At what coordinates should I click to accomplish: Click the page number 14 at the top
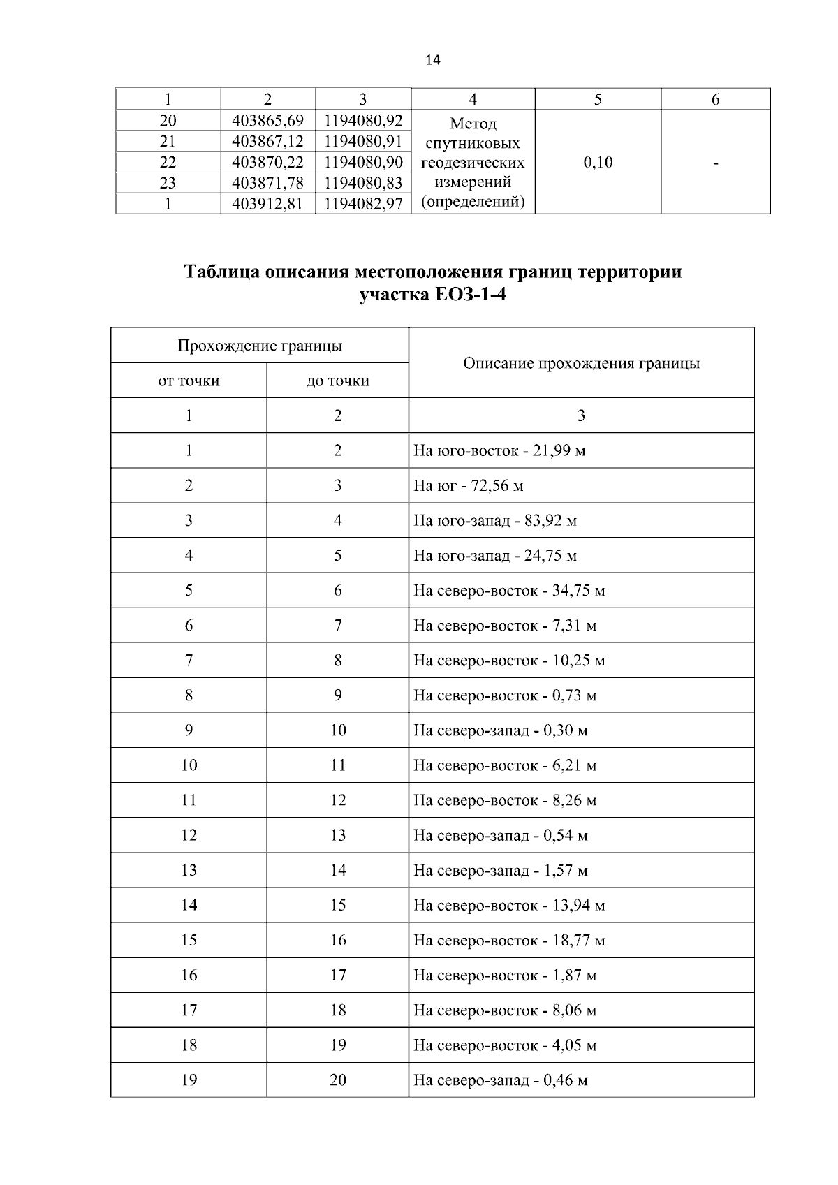[x=432, y=60]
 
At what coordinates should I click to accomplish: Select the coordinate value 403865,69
[x=267, y=119]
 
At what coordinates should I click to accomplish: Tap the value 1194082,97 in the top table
[x=363, y=204]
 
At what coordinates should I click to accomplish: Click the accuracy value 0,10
[x=598, y=163]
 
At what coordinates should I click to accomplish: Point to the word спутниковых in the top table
[x=473, y=144]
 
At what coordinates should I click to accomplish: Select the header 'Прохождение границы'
[x=259, y=346]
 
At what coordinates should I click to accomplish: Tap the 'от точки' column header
[x=189, y=381]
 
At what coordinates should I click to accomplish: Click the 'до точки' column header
[x=337, y=381]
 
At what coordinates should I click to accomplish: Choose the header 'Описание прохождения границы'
[x=581, y=363]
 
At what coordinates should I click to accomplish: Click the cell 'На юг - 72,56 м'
[x=468, y=485]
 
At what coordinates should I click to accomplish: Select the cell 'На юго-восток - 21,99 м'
[x=499, y=450]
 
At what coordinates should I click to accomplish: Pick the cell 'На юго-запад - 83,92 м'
[x=494, y=520]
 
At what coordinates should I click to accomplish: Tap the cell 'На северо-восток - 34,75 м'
[x=508, y=591]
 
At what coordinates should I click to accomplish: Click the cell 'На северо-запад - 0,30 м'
[x=500, y=730]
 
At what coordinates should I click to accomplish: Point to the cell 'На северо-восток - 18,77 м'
[x=508, y=940]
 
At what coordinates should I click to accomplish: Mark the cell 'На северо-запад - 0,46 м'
[x=500, y=1080]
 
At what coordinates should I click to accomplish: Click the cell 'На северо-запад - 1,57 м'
[x=500, y=870]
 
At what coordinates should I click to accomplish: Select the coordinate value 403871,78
[x=267, y=183]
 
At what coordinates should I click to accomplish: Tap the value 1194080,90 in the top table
[x=363, y=162]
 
